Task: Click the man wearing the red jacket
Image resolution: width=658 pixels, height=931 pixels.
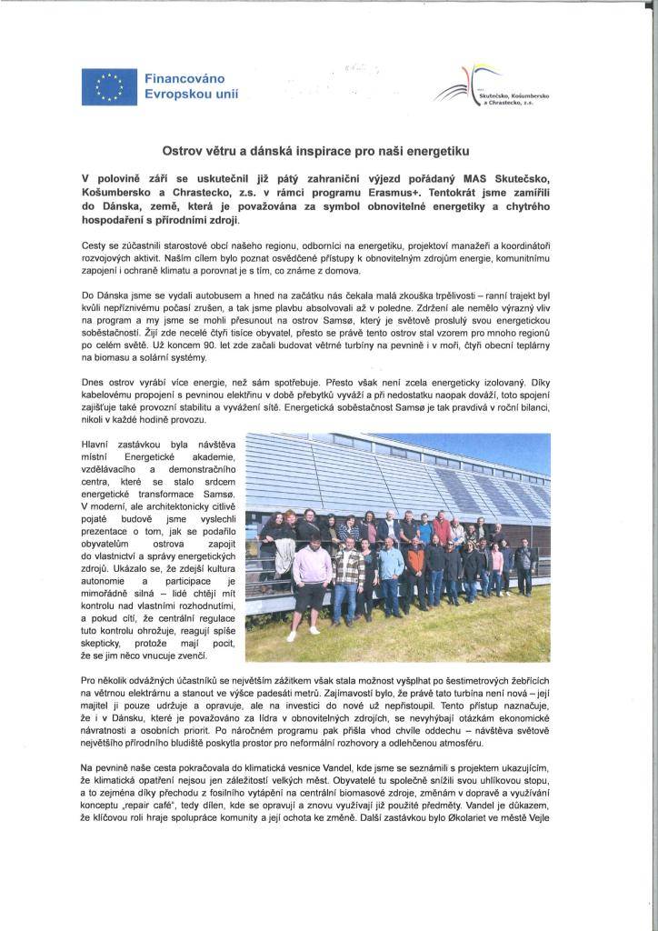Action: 441,528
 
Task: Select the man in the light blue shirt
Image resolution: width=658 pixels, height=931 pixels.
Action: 391,568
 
